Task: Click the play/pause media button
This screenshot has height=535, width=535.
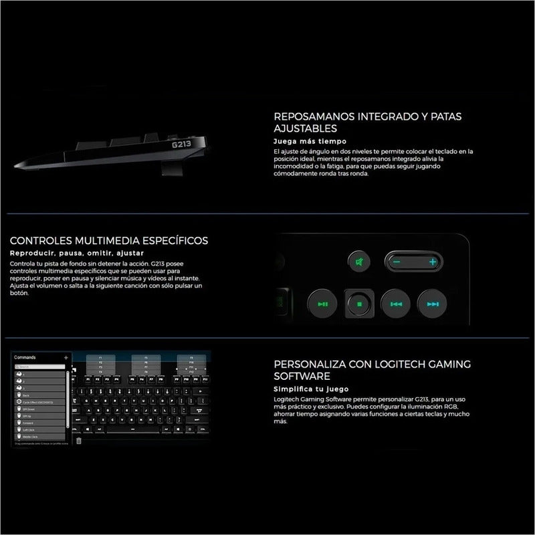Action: coord(322,304)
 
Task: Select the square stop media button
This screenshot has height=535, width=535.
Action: coord(358,304)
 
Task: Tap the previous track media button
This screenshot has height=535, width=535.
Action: coord(395,304)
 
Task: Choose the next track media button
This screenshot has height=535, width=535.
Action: coord(431,304)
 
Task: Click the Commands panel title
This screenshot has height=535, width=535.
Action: coord(25,358)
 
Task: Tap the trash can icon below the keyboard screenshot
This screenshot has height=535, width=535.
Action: coord(78,441)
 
